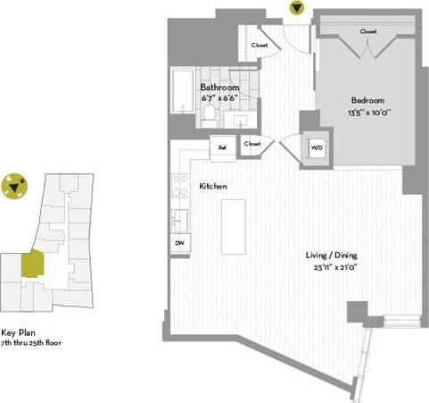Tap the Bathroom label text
pos(219,88)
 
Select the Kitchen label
pos(212,186)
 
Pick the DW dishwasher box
pos(178,243)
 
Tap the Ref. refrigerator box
pos(223,147)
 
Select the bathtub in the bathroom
pos(181,93)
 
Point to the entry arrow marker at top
pos(296,9)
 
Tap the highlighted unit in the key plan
pos(31,264)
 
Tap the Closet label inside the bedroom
pos(367,31)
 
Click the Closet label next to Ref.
pos(252,143)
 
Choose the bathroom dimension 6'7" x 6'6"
pos(219,98)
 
